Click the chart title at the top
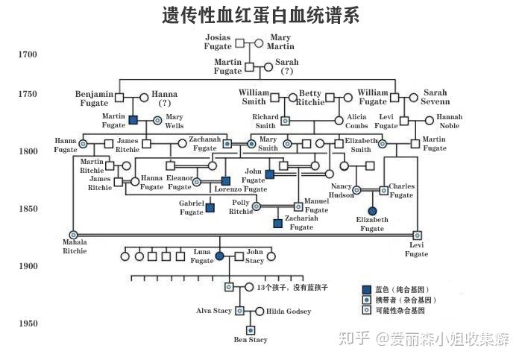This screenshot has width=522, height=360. [260, 15]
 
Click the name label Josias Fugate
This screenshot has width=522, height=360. [218, 42]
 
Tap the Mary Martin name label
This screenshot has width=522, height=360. [280, 42]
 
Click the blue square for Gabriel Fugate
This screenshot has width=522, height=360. [210, 208]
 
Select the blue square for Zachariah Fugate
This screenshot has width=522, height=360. [277, 223]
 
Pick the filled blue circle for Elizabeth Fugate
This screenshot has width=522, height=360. [373, 211]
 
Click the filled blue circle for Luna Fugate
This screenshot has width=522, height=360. [219, 256]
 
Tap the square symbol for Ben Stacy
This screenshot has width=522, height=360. [251, 330]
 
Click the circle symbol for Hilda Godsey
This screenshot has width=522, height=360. [260, 311]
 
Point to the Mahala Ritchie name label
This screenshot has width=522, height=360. [74, 247]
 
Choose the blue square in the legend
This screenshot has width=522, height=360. [366, 289]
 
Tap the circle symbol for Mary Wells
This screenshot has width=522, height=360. [157, 120]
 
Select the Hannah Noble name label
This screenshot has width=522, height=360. [449, 121]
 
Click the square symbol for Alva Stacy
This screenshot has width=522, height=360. [239, 311]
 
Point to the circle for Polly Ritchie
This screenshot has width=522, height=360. [257, 206]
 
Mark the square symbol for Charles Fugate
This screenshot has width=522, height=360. [383, 190]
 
